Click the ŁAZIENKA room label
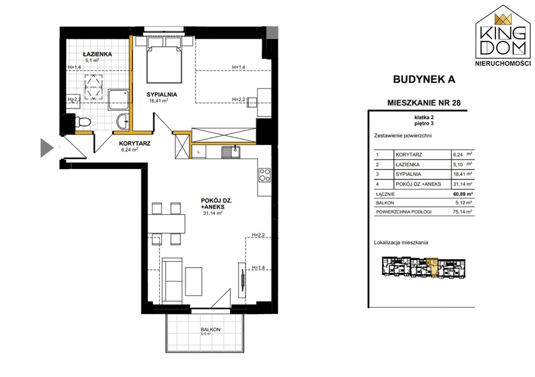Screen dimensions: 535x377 pyautogui.click(x=97, y=54)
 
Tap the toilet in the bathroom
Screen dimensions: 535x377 pyautogui.click(x=82, y=122)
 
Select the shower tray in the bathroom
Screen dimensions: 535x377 pyautogui.click(x=118, y=99)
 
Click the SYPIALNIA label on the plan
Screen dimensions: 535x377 pyautogui.click(x=162, y=95)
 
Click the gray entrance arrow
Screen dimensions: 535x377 pyautogui.click(x=47, y=148)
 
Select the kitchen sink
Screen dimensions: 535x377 pyautogui.click(x=230, y=152)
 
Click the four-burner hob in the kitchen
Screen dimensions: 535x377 pyautogui.click(x=264, y=175)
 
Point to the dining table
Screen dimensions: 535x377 pyautogui.click(x=166, y=223)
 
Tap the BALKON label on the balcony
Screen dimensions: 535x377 pyautogui.click(x=211, y=329)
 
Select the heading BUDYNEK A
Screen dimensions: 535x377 pyautogui.click(x=424, y=79)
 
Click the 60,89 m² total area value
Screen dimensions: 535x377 pyautogui.click(x=462, y=194)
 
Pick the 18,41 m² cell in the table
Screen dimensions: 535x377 pyautogui.click(x=462, y=174)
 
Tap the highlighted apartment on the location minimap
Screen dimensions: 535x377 pyautogui.click(x=433, y=267)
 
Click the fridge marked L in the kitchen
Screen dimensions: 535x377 pyautogui.click(x=198, y=152)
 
